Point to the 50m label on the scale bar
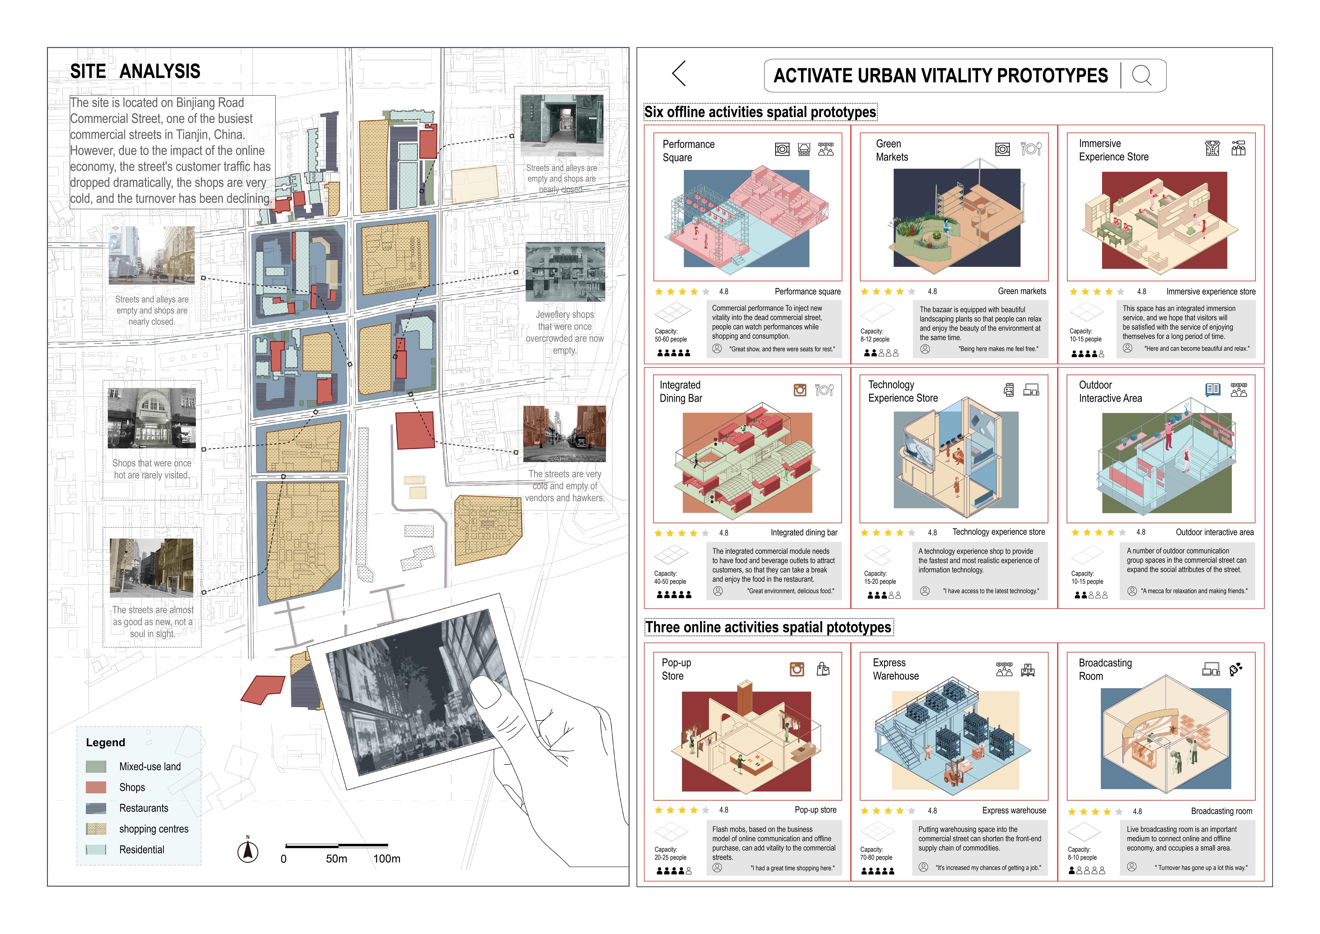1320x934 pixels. point(336,859)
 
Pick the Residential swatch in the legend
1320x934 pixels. point(96,849)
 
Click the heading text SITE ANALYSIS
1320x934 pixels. point(135,71)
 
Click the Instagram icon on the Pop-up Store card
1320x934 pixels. point(797,669)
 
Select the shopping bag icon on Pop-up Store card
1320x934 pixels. point(823,669)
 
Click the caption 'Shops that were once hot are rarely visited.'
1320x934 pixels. point(152,469)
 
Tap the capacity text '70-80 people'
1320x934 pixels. point(876,858)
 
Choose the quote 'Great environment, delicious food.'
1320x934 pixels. point(791,591)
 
